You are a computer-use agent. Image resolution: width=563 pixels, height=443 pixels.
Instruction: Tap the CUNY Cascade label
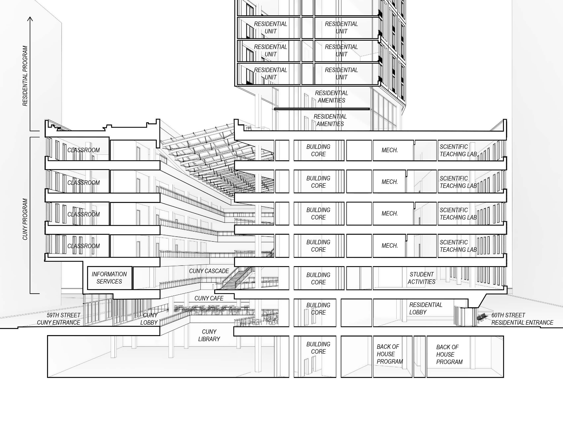[209, 271]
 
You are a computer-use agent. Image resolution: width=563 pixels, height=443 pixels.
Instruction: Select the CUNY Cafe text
[209, 298]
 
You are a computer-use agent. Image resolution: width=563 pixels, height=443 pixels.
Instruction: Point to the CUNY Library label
[209, 335]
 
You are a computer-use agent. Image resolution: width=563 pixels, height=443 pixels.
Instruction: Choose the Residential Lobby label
[425, 308]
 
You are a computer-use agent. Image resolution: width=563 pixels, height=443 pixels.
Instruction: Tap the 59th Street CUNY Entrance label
[59, 319]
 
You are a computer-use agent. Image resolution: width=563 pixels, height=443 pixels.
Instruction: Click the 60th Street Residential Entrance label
[522, 319]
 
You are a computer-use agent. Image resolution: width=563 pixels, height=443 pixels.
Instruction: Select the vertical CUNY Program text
[25, 219]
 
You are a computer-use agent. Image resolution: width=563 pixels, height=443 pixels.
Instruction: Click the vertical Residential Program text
[25, 76]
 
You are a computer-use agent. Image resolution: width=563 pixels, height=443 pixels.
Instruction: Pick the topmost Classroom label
[83, 150]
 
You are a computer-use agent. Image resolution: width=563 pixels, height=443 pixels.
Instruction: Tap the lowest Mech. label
[389, 246]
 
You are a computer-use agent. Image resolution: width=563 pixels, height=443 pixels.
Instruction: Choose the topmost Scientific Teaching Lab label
[458, 150]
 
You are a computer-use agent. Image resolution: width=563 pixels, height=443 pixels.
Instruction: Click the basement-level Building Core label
[318, 348]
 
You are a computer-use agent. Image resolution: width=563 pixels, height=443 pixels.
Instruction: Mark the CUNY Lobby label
[149, 319]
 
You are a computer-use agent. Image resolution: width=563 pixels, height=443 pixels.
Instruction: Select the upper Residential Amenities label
[332, 97]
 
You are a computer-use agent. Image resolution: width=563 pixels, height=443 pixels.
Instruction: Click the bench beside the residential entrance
[482, 318]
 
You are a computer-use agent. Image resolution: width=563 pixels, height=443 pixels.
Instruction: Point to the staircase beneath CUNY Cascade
[234, 280]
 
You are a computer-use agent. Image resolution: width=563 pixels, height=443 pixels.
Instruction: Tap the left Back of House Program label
[389, 354]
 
